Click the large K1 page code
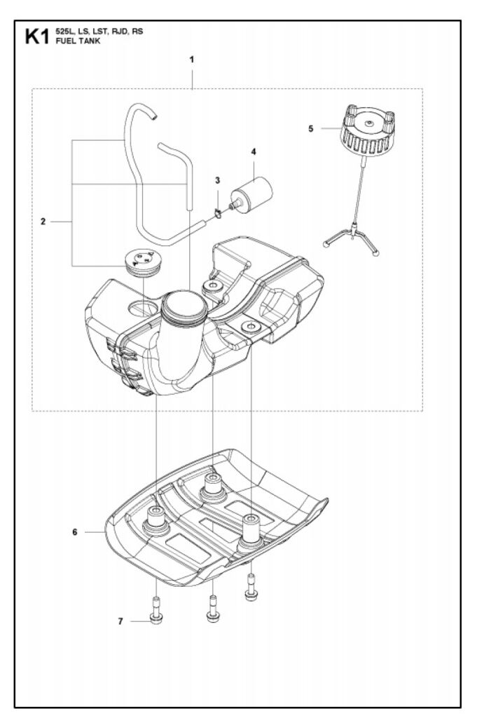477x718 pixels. point(36,36)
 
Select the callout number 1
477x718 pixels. point(191,59)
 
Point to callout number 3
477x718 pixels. point(218,180)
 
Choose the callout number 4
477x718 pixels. point(254,151)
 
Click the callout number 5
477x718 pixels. point(311,128)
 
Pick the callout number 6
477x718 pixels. point(74,531)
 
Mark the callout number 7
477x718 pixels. point(120,621)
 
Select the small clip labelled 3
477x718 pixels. point(218,213)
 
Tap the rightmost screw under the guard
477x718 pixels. point(251,588)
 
